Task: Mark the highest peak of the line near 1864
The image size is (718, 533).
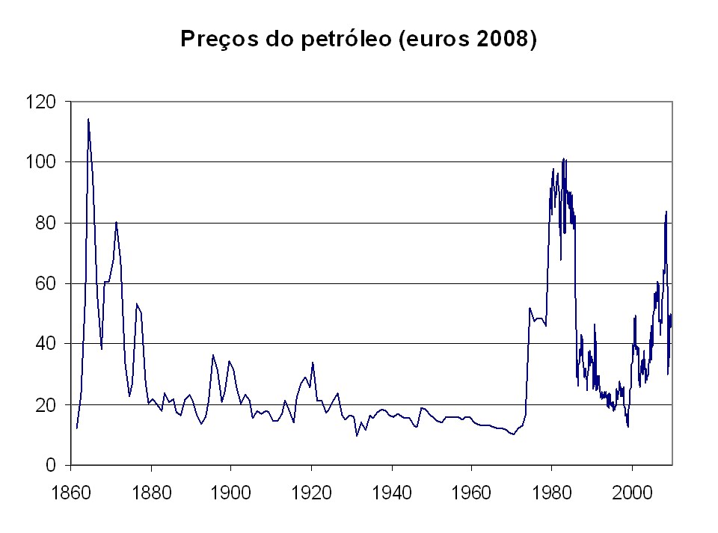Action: [88, 119]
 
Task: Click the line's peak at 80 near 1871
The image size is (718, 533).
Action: [116, 222]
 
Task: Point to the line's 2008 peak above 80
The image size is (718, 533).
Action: [666, 212]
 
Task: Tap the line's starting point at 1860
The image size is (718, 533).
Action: [76, 428]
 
